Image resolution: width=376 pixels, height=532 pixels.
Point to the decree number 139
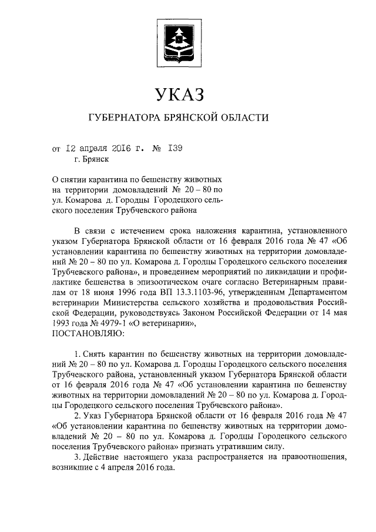(x=175, y=148)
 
